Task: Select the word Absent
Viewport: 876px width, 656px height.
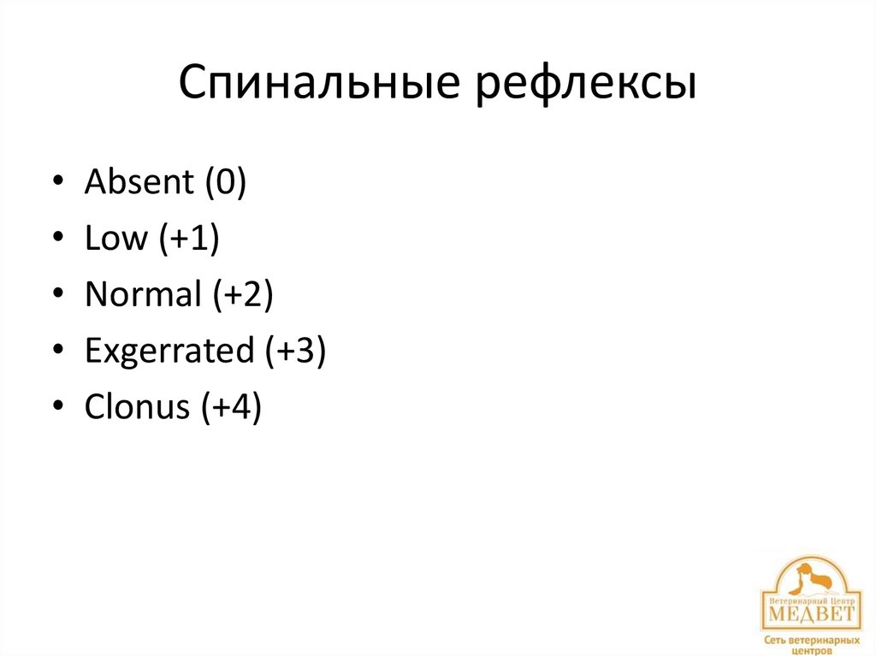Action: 139,183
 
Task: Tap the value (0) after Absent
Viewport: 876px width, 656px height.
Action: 224,184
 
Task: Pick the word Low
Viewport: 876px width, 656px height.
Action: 116,239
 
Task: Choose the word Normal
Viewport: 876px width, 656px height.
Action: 142,295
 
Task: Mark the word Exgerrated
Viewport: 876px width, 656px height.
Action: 169,352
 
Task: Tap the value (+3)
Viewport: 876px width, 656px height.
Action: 294,352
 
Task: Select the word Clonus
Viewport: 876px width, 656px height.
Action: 137,407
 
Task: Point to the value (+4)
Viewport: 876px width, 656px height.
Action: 231,408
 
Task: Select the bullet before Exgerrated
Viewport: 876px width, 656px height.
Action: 56,352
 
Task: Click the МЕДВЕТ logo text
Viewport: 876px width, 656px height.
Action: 810,614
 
